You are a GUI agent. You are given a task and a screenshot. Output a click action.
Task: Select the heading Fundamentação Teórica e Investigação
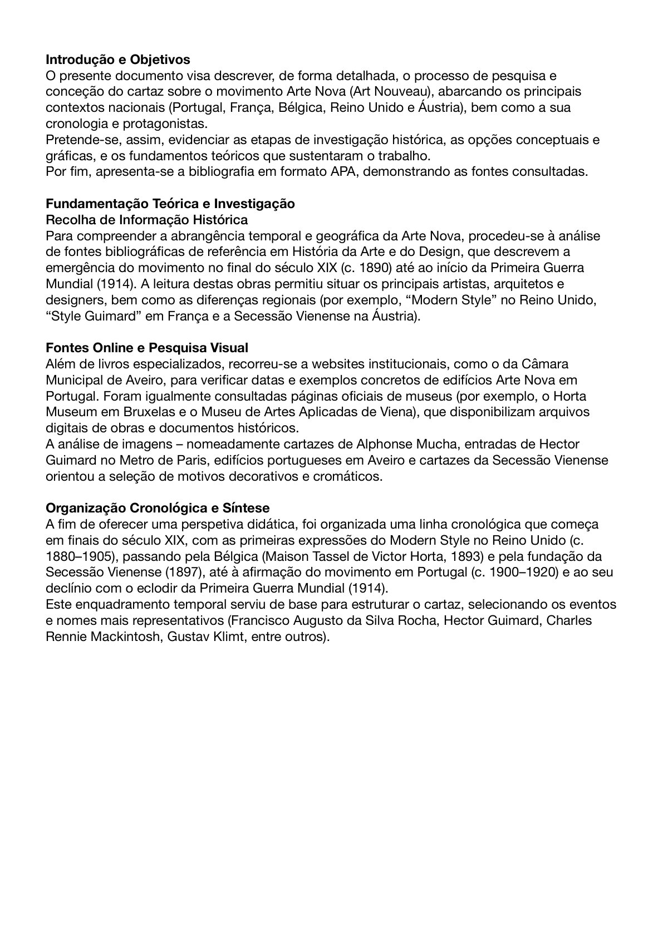coord(170,204)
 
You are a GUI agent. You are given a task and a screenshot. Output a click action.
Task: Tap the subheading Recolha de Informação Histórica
coord(146,220)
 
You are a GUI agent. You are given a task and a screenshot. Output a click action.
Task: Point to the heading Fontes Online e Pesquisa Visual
coord(146,348)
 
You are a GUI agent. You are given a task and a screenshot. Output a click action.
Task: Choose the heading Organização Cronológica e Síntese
coord(158,508)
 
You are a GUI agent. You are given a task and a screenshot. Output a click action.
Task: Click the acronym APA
coord(346,171)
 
